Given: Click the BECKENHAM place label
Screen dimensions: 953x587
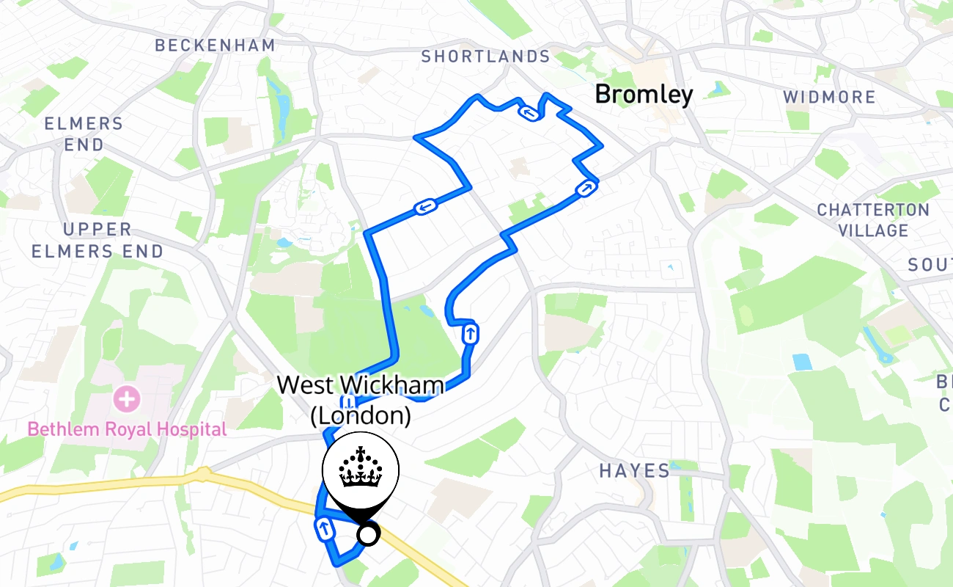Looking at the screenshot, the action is [x=215, y=45].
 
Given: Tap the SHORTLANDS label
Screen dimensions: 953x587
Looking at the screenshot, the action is [x=485, y=56].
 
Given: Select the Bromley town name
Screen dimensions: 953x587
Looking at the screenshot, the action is [x=644, y=95].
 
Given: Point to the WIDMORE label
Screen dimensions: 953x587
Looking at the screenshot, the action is [x=829, y=98].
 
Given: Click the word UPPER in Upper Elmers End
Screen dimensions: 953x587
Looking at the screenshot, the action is [x=97, y=230].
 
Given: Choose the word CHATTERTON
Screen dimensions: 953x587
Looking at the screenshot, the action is [x=873, y=210].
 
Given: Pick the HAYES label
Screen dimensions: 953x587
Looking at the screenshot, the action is [x=634, y=471].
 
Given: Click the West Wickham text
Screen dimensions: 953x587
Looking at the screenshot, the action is [x=360, y=385].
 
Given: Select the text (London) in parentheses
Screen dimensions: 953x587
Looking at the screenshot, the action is [x=360, y=416].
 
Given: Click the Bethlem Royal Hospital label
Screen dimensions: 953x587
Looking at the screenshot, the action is [x=127, y=429].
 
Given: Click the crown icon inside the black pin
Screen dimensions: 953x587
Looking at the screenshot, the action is [x=360, y=467].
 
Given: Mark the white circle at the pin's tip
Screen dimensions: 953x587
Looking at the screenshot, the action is [x=367, y=535].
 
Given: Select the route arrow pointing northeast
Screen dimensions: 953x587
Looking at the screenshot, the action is [x=585, y=189].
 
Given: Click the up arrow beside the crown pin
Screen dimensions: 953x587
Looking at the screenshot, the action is [x=323, y=528].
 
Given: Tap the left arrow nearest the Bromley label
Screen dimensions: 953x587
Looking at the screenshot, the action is [x=528, y=112].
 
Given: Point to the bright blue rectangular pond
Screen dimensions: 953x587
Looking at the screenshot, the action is [x=802, y=362].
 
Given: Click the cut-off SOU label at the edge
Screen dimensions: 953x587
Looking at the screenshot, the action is [x=930, y=265].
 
